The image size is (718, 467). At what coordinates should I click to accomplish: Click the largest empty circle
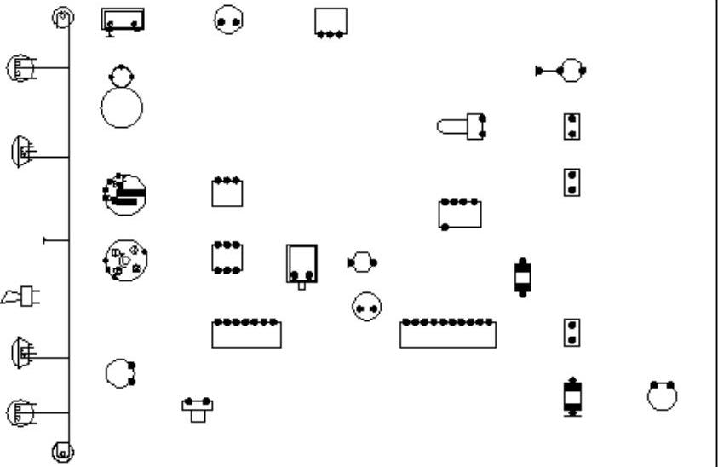coord(122,107)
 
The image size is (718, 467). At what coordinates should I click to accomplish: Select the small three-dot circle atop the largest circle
coord(122,75)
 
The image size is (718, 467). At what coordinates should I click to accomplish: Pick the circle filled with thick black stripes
coord(124,194)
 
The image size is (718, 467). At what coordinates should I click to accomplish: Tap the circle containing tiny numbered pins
coord(125,260)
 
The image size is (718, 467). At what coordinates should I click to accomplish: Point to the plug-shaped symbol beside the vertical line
coord(24,297)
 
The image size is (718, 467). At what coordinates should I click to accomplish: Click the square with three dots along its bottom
coord(330,22)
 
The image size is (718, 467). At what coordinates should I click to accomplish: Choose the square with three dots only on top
coord(227,192)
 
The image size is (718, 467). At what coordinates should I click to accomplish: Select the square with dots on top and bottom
coord(227,257)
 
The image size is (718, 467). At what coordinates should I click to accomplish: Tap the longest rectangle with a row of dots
coord(448,333)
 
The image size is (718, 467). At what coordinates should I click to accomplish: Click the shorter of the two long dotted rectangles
coord(246,333)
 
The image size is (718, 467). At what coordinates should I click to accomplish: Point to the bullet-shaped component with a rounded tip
coord(461,127)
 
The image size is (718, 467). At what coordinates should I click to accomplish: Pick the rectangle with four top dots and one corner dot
coord(460,214)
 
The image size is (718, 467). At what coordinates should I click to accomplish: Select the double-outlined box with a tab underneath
coord(302,264)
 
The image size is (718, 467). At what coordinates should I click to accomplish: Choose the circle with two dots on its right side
coord(119,372)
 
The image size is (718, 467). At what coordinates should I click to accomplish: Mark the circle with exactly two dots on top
coord(662,395)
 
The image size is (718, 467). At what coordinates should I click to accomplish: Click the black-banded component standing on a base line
coord(573,396)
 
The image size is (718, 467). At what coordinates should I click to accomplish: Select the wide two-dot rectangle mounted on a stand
coord(123,19)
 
